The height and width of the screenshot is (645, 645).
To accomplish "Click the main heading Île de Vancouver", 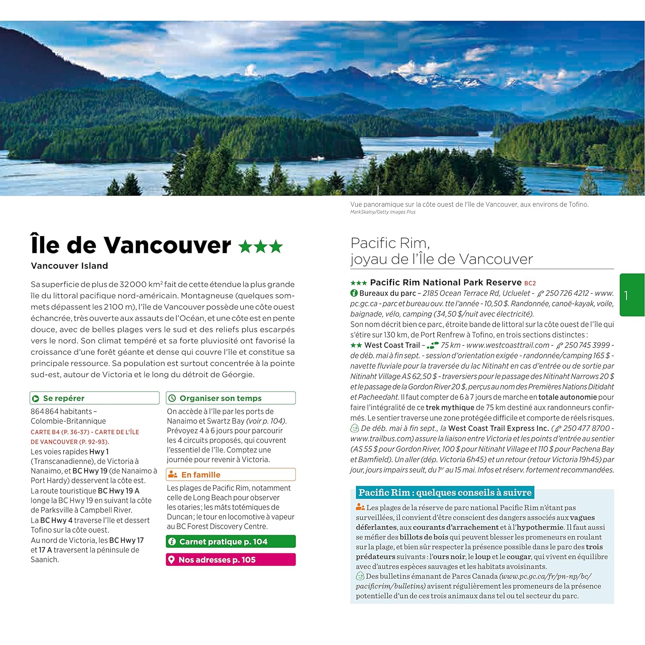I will point(131,245).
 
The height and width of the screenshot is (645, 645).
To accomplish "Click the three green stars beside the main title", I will point(261,247).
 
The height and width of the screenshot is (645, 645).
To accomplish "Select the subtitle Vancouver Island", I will point(69,266).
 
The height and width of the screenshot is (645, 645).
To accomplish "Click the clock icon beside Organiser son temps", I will point(172,398).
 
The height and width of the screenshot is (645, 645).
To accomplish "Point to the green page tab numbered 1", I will point(631,295).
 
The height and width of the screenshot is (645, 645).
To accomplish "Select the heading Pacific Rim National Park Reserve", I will point(445,283).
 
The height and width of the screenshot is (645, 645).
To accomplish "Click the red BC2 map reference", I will point(530,283).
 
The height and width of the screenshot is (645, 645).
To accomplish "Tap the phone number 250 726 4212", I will point(567,293).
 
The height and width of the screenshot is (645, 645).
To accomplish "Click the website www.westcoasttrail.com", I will point(507,345).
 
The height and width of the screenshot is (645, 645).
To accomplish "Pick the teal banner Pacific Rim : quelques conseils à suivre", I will point(445,493).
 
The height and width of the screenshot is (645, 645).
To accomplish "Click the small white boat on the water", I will point(317,158).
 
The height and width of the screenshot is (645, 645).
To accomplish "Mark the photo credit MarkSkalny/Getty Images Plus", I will point(383,212).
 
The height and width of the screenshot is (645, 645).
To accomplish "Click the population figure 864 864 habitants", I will point(61,412).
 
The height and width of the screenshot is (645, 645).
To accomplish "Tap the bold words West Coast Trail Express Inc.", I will point(498,428).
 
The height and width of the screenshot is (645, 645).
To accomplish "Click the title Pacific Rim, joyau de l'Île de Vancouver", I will point(441,251).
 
